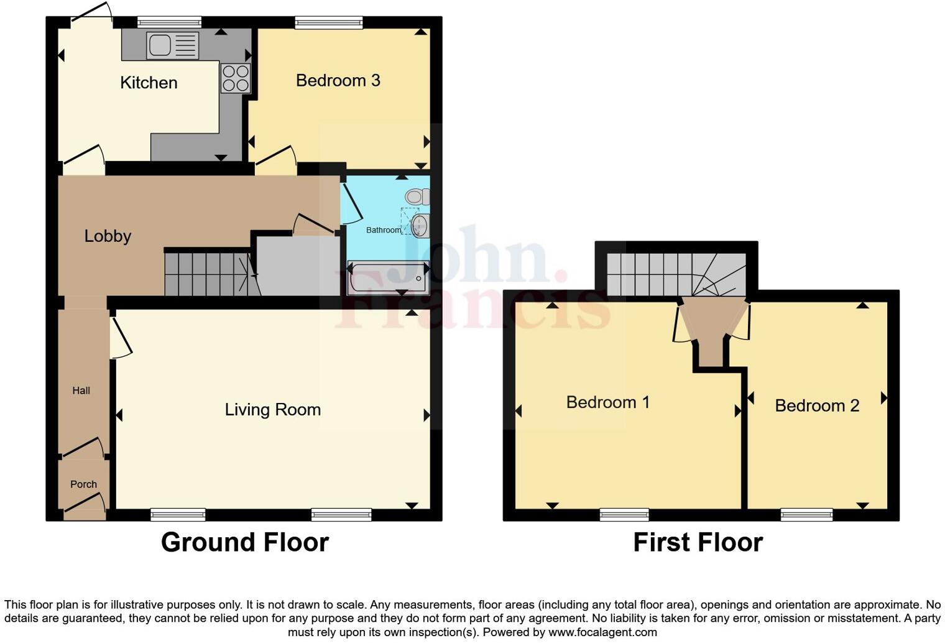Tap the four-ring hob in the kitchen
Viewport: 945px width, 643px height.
236,78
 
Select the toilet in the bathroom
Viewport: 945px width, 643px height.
417,197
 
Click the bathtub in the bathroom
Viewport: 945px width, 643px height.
388,278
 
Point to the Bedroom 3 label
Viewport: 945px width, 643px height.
338,80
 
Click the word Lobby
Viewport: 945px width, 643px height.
108,236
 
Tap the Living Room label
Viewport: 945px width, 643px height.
272,410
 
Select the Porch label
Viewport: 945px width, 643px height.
83,484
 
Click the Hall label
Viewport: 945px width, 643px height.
81,391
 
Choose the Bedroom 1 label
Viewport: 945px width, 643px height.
607,402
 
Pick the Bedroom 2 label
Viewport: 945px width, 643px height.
816,406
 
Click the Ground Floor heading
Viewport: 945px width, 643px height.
244,542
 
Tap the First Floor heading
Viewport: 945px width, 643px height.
698,542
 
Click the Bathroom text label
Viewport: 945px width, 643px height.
383,230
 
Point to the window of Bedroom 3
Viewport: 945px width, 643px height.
329,23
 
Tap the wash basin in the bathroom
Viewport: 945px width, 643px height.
421,225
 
